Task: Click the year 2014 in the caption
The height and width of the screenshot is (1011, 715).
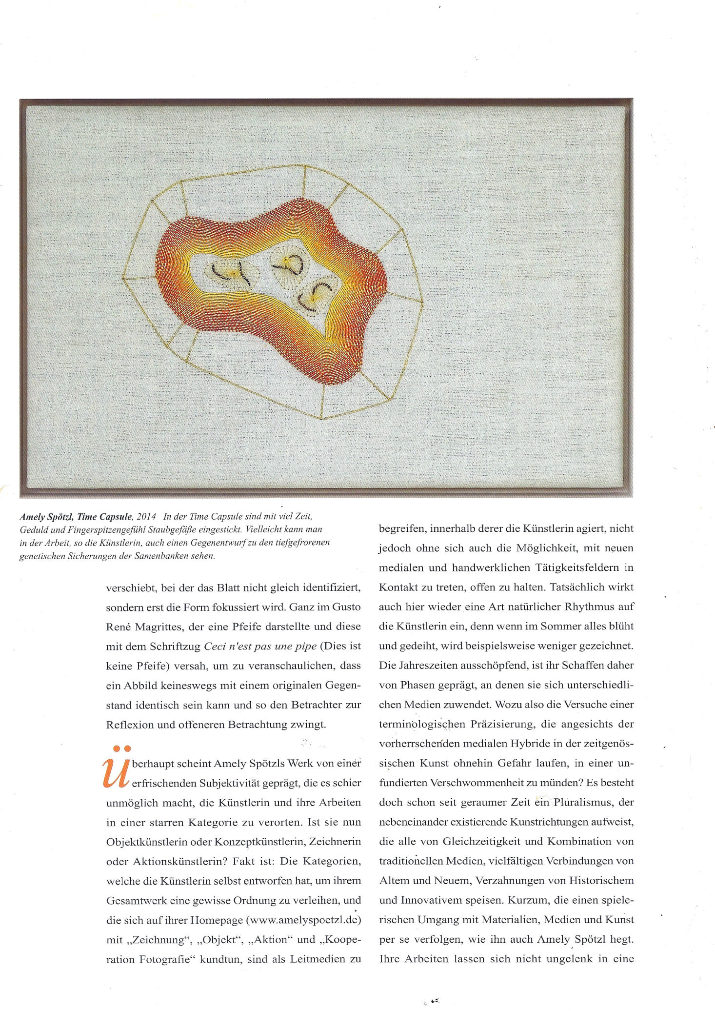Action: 146,517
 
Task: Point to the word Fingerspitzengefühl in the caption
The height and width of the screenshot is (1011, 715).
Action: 100,529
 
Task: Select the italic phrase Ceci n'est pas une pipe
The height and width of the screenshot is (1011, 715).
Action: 259,647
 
